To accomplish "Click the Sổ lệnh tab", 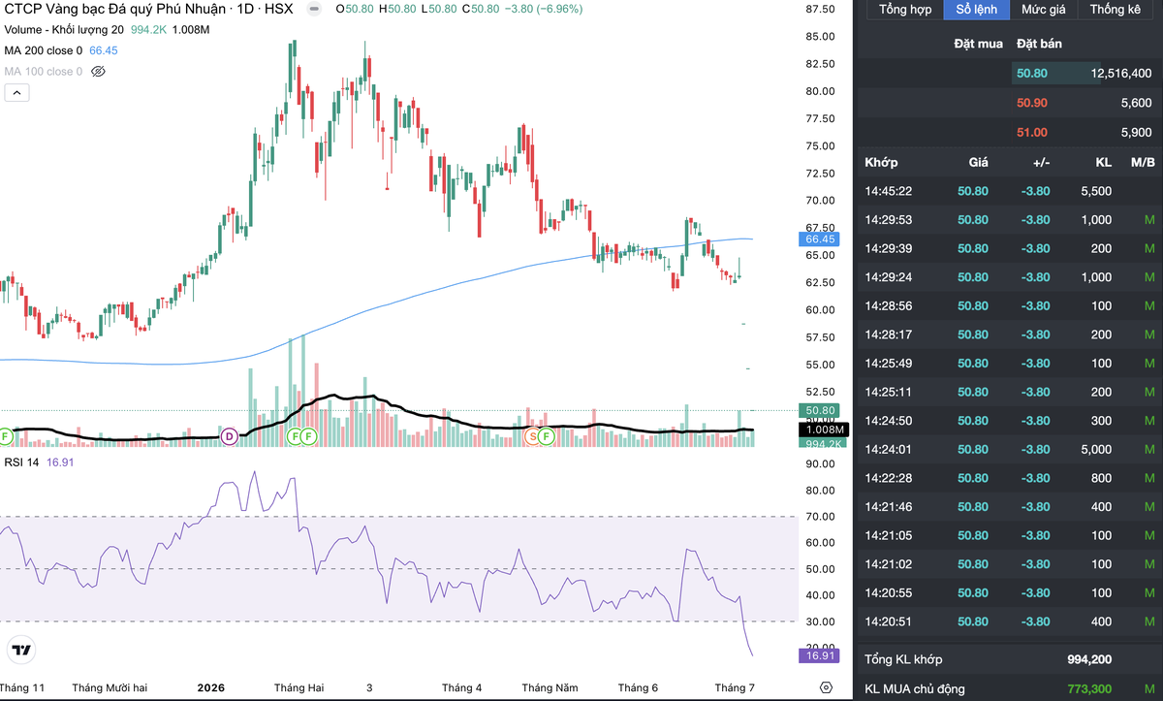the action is tap(976, 10).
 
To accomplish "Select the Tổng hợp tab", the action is tap(905, 10).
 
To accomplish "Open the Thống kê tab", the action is tap(1115, 10).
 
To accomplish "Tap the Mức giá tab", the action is tap(1043, 10).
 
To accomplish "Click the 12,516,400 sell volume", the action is tap(1121, 74).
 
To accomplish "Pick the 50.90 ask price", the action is tap(1031, 103).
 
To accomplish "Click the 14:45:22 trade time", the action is tap(888, 191).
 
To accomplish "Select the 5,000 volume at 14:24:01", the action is tap(1096, 450).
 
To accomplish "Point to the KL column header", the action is tap(1103, 163).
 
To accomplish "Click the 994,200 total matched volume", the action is tap(1089, 659).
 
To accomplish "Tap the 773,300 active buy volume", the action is tap(1089, 689).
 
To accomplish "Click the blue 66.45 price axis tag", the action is tap(819, 239).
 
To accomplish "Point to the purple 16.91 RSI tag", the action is tap(819, 655).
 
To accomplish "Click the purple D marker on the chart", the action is tap(229, 436).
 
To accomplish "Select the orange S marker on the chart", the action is tap(533, 436).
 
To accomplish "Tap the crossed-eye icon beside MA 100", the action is tap(98, 72).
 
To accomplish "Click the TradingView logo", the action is tap(21, 650).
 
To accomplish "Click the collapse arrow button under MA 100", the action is tap(16, 93).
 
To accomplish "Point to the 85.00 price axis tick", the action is tap(820, 36).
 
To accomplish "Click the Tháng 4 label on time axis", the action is tap(461, 688).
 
